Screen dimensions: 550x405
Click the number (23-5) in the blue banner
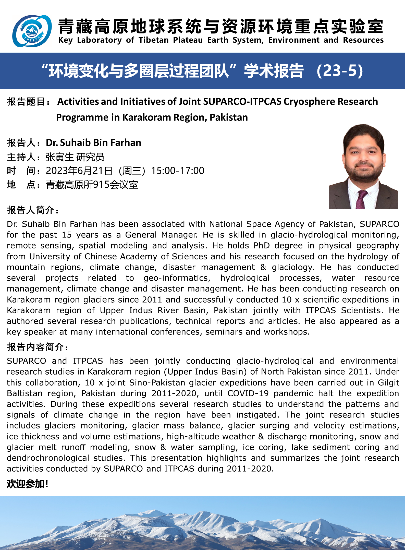coord(340,71)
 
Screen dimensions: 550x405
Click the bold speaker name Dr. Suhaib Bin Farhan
coord(93,142)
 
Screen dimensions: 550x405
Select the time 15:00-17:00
coord(178,171)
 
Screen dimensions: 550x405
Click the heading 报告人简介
coord(33,210)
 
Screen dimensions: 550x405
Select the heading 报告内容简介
coord(37,347)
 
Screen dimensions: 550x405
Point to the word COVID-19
coord(248,393)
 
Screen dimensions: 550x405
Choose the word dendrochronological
coord(48,458)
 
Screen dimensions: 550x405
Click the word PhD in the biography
coord(262,245)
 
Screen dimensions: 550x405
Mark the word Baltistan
coord(24,393)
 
